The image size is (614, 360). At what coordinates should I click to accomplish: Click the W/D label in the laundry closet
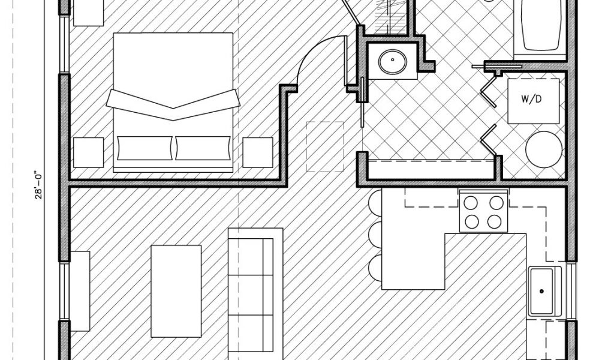[x=534, y=100]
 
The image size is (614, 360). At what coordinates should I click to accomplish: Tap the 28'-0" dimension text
[x=38, y=186]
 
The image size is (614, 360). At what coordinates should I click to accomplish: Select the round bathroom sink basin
[x=393, y=59]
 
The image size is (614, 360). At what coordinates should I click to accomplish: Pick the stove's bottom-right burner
[x=494, y=221]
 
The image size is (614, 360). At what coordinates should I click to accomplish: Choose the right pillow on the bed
[x=203, y=148]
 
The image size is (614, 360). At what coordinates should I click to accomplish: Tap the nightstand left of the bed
[x=89, y=152]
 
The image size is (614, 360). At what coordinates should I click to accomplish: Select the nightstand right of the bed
[x=258, y=152]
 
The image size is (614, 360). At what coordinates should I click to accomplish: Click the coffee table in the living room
[x=176, y=290]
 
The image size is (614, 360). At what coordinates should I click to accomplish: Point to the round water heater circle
[x=544, y=149]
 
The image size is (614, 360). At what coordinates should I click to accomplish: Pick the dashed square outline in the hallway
[x=325, y=146]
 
